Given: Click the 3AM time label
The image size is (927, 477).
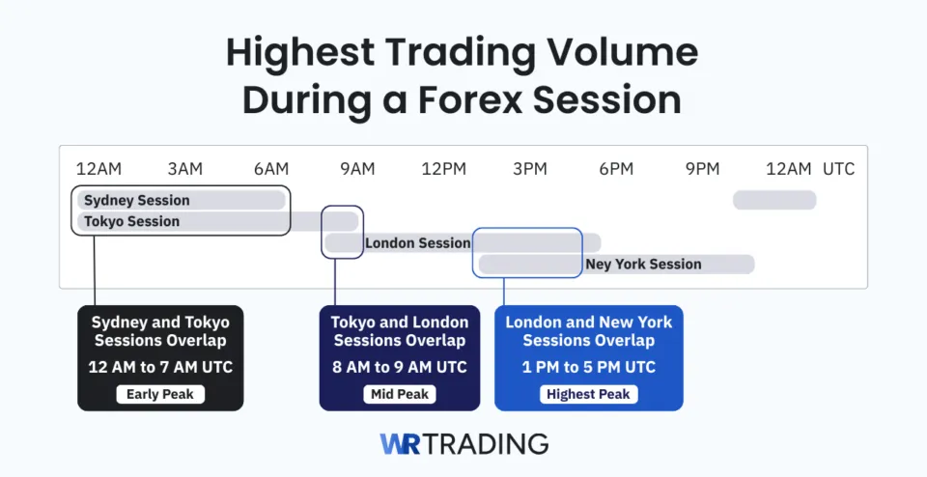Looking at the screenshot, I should click(184, 169).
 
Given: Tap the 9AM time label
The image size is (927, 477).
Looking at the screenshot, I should click(357, 169).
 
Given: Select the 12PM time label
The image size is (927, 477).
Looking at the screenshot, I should click(444, 169).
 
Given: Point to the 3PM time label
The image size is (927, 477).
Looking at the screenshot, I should click(530, 169).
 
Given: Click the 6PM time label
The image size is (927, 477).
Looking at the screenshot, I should click(616, 169).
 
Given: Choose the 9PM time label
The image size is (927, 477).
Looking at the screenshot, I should click(703, 169).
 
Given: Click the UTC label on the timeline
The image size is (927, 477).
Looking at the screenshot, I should click(838, 169).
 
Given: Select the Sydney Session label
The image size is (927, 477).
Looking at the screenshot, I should click(136, 201).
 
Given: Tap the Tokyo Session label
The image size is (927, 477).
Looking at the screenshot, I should click(131, 222).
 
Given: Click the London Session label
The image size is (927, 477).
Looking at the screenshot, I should click(417, 243).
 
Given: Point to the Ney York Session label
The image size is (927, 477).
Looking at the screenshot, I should click(643, 265).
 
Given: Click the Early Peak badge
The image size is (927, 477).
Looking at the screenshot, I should click(160, 394).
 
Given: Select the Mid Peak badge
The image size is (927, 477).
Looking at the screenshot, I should click(400, 394).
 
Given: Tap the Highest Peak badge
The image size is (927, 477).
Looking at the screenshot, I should click(588, 394).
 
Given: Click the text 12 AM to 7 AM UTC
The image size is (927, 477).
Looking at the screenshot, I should click(160, 367).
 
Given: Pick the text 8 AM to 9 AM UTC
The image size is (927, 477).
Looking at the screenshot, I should click(400, 367).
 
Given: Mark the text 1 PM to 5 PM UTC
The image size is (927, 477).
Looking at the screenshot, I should click(588, 367).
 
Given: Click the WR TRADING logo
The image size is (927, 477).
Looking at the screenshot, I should click(463, 444).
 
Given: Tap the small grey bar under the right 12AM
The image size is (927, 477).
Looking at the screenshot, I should click(774, 201).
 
